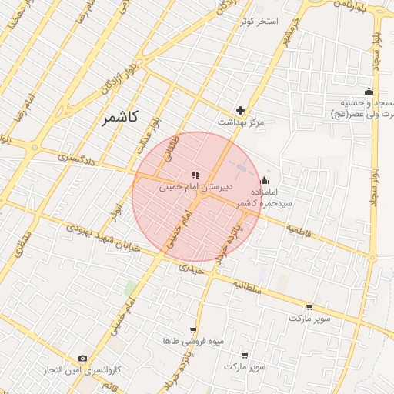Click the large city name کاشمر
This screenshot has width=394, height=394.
119,118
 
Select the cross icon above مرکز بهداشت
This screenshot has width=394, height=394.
241,110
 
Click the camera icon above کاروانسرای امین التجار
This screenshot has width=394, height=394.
83,358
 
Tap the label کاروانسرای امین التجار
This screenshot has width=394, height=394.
83,370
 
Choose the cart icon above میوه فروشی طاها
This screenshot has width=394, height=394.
193,329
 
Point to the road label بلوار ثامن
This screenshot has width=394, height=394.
349,4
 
